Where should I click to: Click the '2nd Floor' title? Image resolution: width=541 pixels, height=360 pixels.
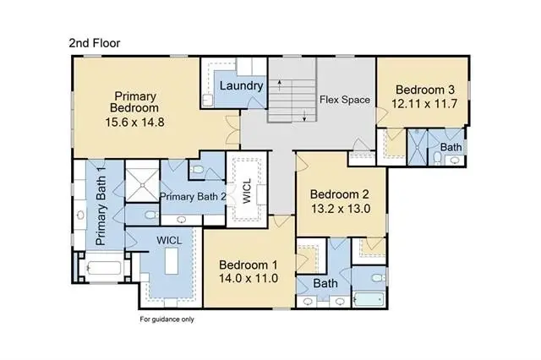click(95, 43)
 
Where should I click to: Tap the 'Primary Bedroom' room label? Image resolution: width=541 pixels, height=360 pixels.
click(134, 101)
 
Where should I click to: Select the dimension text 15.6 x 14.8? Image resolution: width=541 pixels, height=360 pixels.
click(134, 122)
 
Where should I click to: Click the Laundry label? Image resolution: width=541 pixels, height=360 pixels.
click(241, 86)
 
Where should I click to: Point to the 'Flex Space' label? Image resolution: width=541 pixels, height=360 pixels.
click(345, 100)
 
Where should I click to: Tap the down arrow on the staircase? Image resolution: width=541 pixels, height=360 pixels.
click(304, 116)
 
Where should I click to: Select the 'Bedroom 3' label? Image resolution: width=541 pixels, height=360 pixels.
click(425, 90)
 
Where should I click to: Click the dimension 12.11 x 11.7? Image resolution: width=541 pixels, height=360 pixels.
click(424, 103)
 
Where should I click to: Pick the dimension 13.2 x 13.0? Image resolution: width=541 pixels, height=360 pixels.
click(341, 209)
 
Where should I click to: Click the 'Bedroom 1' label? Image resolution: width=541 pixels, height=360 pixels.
click(248, 265)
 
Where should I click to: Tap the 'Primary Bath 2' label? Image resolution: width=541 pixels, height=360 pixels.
click(193, 197)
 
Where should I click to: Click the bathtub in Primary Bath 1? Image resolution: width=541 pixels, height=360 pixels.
click(104, 268)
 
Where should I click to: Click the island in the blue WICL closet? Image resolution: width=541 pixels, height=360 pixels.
click(172, 260)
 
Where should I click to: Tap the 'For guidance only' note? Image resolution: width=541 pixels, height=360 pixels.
click(167, 319)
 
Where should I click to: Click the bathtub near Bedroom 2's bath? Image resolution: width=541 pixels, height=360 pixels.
click(369, 299)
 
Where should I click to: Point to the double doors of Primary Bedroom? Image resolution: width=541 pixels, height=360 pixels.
click(232, 130)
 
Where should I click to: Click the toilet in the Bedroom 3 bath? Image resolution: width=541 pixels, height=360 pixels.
click(437, 158)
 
